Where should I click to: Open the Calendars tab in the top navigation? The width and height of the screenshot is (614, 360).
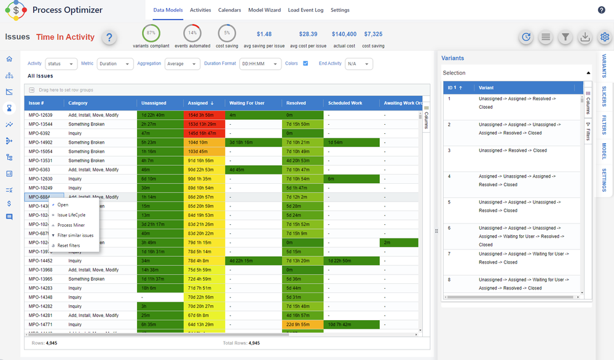click(x=229, y=10)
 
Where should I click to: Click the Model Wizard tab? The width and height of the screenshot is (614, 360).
click(x=264, y=10)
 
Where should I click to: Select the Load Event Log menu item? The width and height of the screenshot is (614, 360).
click(x=305, y=10)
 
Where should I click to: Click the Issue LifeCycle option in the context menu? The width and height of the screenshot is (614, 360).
click(x=71, y=215)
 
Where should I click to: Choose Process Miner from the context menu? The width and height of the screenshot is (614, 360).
click(x=71, y=225)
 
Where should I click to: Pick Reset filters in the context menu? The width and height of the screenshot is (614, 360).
click(x=68, y=246)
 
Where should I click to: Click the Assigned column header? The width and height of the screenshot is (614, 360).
click(x=201, y=103)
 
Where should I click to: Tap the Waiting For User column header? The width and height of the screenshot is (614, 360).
click(x=246, y=103)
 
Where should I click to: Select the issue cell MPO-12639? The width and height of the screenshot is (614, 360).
click(x=41, y=115)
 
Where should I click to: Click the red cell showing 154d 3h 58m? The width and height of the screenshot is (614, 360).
click(x=204, y=115)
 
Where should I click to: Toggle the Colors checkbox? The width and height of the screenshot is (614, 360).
click(x=305, y=63)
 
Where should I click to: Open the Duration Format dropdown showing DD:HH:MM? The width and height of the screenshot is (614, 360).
click(x=260, y=64)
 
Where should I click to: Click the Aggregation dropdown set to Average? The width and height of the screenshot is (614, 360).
click(x=182, y=64)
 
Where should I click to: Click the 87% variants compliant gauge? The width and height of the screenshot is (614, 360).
click(x=151, y=33)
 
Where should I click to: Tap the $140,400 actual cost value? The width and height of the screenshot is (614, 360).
click(x=344, y=34)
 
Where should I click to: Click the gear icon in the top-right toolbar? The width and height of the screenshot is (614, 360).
click(x=605, y=37)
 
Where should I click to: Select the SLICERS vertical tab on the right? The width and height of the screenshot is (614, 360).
click(x=604, y=96)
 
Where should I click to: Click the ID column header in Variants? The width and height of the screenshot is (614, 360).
click(x=455, y=88)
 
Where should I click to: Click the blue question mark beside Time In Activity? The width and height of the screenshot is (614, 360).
click(x=109, y=37)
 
